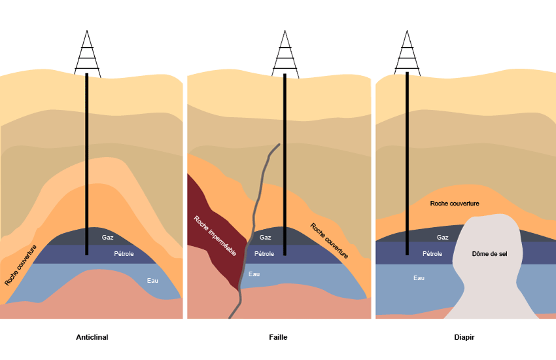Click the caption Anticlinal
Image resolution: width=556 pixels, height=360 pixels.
92,338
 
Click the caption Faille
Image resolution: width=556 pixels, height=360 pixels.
278,338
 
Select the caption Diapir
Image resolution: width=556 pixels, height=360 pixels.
464,338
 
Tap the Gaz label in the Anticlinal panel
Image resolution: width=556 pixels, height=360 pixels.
107,238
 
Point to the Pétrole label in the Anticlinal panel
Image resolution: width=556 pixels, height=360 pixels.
124,254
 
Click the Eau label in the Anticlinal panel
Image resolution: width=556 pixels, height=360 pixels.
152,280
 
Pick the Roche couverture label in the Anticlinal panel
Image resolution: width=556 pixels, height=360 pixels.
21,265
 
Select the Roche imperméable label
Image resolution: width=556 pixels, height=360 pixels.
215,236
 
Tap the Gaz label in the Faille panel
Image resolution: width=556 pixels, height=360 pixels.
266,238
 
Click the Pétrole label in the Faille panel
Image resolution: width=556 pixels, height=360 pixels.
264,254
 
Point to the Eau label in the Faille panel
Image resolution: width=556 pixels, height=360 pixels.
254,274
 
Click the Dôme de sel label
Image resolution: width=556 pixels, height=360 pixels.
489,254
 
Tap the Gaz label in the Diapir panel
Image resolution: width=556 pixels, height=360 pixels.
443,238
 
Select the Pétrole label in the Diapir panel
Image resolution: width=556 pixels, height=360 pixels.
432,254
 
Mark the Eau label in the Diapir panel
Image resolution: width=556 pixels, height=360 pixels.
419,278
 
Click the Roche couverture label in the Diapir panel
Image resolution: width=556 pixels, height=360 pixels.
455,204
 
